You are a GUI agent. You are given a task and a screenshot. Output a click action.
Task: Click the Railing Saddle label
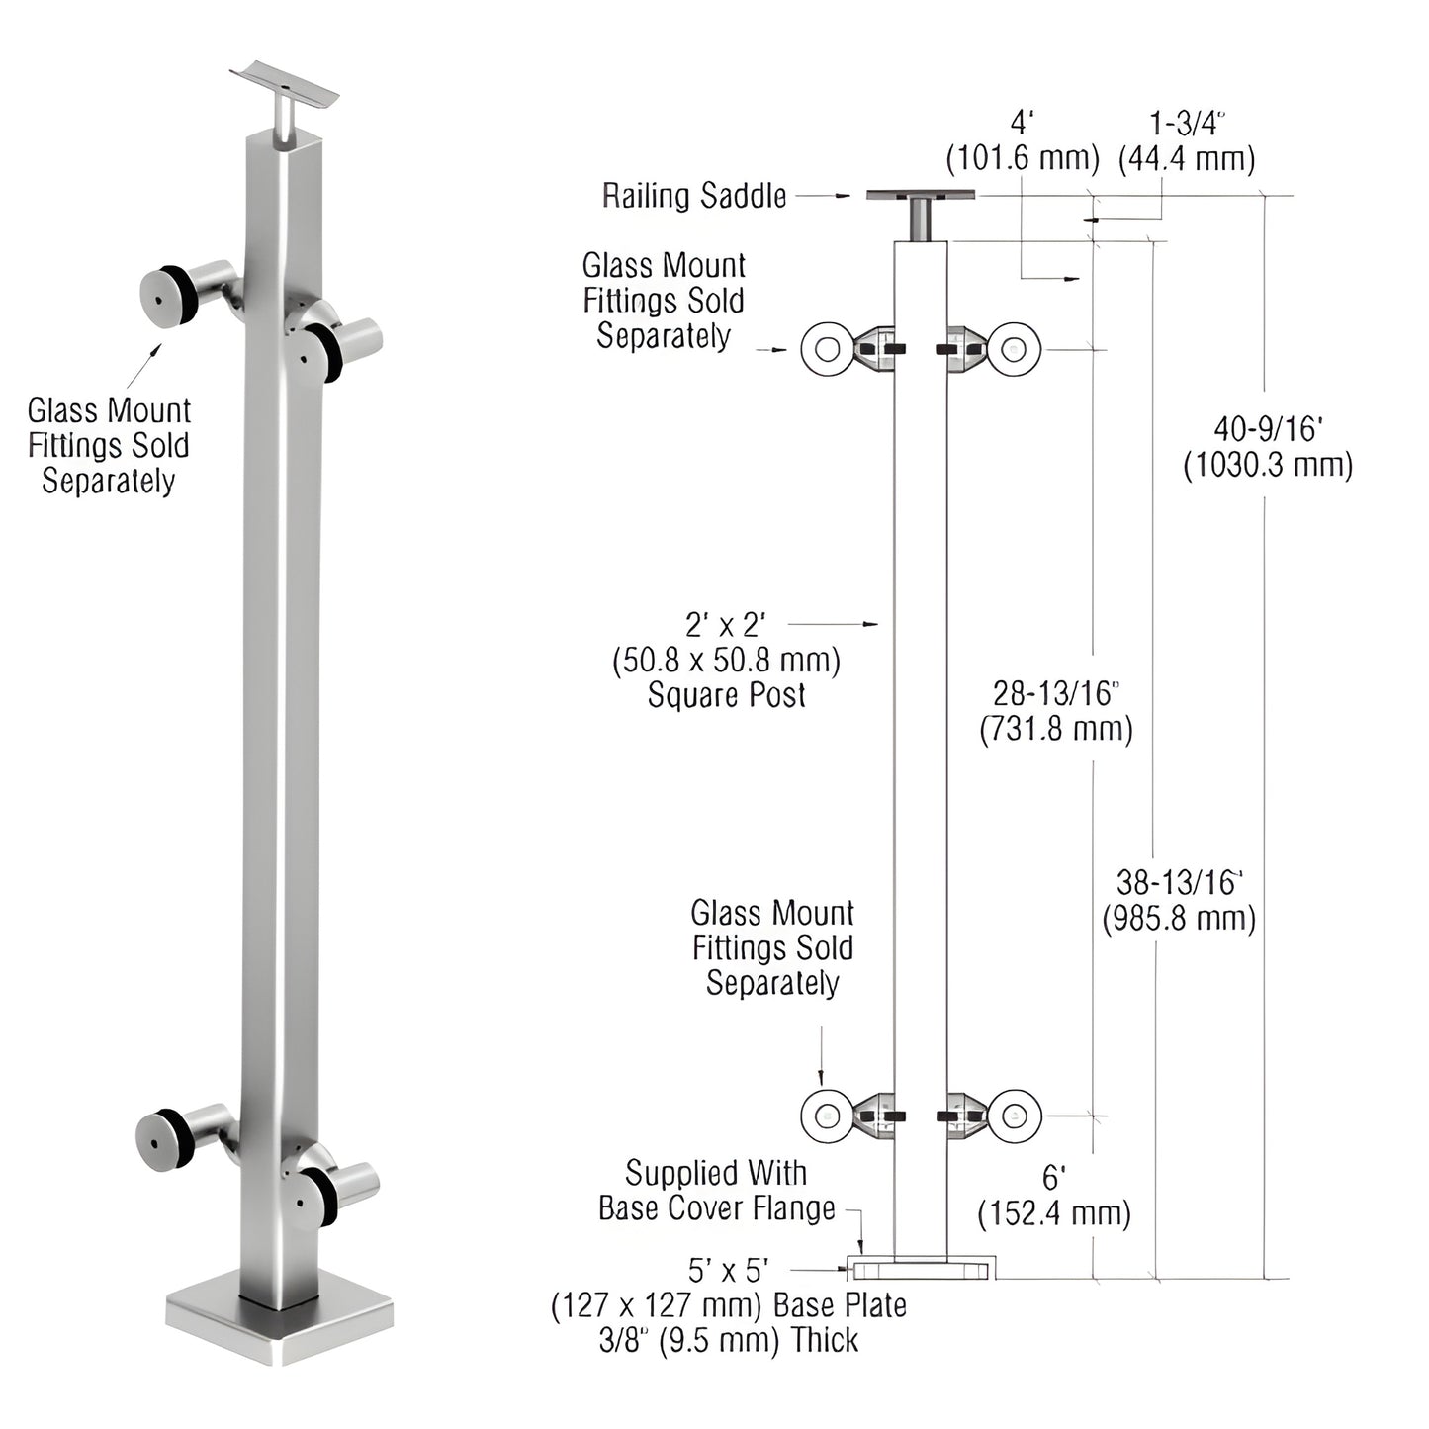tap(694, 196)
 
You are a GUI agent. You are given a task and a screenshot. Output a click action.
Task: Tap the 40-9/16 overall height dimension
tap(1268, 428)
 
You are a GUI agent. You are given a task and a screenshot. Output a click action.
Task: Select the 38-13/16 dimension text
tap(1179, 881)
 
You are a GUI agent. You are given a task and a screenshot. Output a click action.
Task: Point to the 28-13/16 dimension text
tap(1056, 692)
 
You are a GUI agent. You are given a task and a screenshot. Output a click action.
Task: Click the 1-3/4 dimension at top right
tap(1187, 124)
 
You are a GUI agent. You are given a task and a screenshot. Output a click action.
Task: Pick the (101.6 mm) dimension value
tap(1023, 158)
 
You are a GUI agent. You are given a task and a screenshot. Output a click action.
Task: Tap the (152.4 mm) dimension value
tap(1054, 1212)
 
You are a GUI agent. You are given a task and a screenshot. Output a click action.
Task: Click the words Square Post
tap(727, 695)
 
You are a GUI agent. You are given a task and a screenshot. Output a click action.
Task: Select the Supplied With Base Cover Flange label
tap(717, 1191)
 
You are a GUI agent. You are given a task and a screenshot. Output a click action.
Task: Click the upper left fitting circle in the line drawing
tap(826, 349)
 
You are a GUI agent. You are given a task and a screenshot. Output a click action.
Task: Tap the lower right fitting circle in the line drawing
tap(1015, 1116)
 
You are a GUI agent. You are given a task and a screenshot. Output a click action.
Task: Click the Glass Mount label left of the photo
tap(109, 445)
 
